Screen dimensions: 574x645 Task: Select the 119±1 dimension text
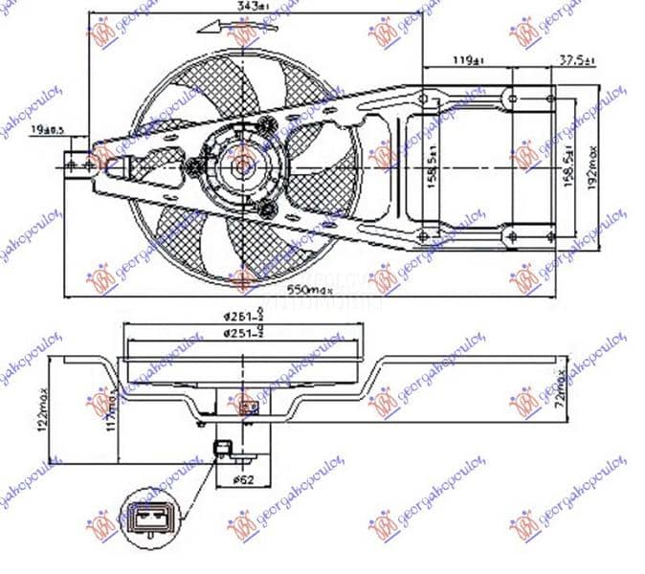pyautogui.click(x=466, y=61)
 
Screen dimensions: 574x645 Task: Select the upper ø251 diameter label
pyautogui.click(x=244, y=320)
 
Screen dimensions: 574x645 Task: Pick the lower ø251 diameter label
pyautogui.click(x=244, y=333)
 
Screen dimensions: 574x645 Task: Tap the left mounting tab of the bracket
pyautogui.click(x=78, y=165)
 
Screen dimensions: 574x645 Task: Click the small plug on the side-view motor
pyautogui.click(x=224, y=447)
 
